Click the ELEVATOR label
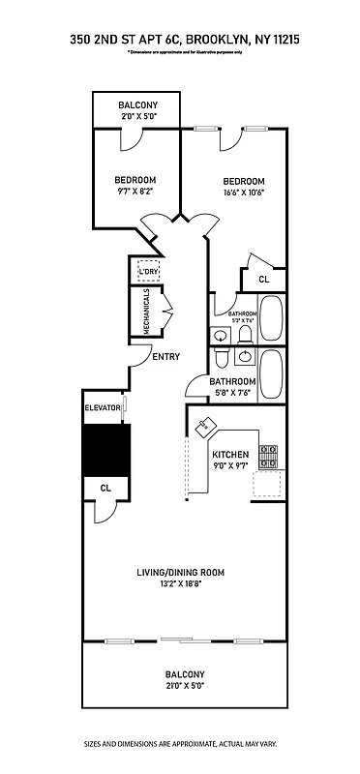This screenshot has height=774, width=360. [x=103, y=408]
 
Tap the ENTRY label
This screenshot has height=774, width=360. [x=166, y=357]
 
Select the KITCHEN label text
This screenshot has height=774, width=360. [x=230, y=455]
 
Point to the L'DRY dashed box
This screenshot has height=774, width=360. [x=148, y=271]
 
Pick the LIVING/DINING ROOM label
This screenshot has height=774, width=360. [x=180, y=573]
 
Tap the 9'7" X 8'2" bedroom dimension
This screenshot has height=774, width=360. [x=135, y=191]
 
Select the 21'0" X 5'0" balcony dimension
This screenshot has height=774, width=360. [x=184, y=685]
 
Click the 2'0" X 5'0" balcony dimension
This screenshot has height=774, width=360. [x=138, y=116]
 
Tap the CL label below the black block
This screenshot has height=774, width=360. [x=105, y=488]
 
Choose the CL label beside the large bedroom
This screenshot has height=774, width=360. [x=263, y=279]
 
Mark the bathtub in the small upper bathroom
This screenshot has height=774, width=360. [x=271, y=319]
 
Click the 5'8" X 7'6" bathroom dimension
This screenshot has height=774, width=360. [x=232, y=393]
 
